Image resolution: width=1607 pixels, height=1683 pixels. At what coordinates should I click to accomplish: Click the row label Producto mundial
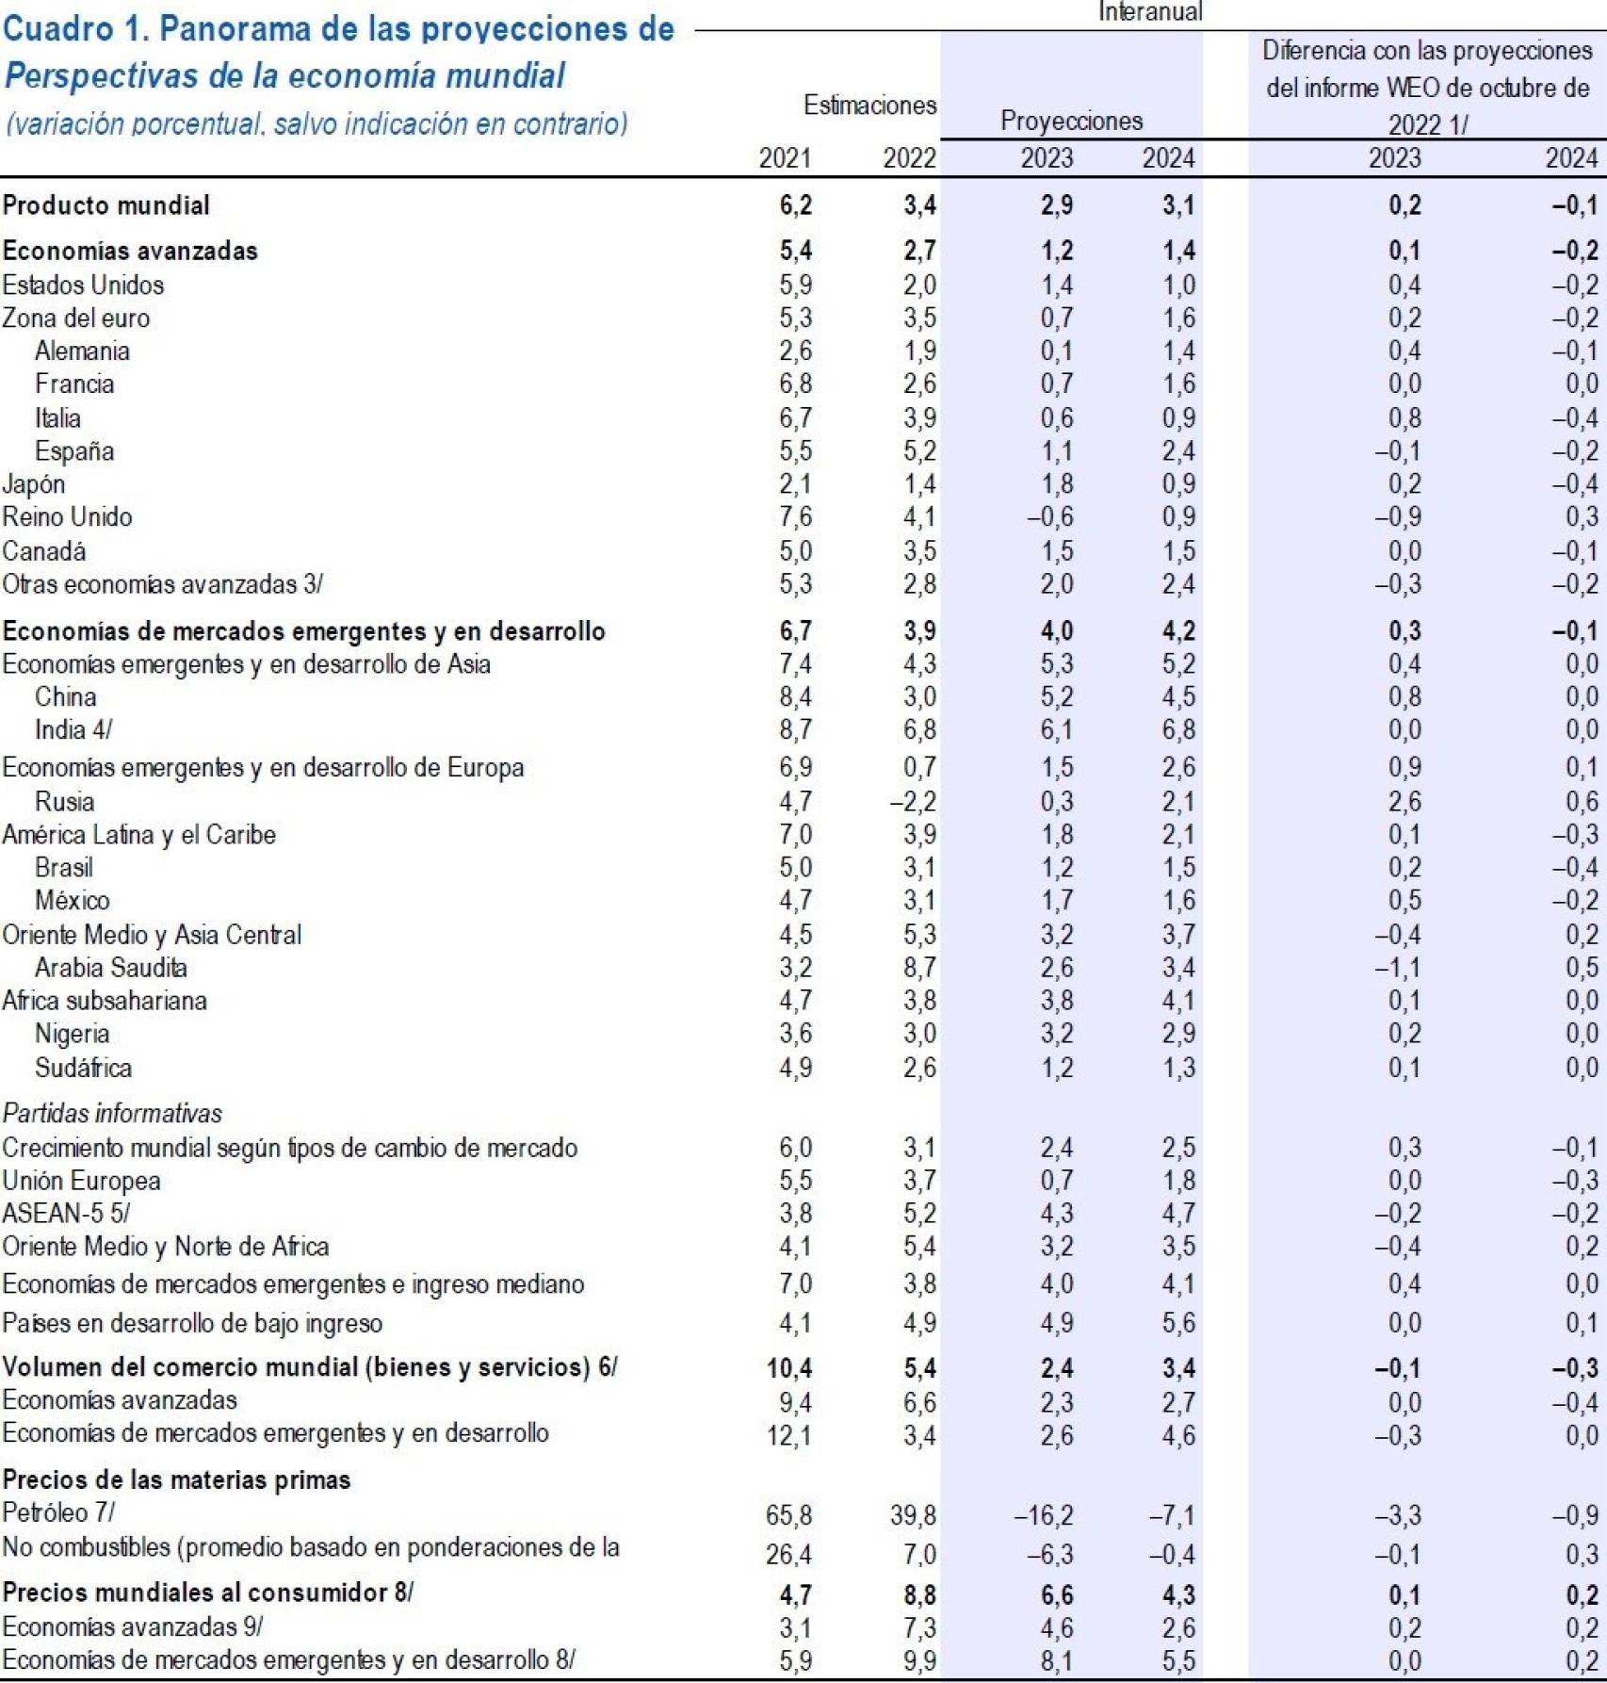[106, 205]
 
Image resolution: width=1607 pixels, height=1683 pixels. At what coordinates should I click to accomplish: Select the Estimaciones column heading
[869, 106]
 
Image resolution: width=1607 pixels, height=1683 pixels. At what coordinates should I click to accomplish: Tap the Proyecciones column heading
[1071, 121]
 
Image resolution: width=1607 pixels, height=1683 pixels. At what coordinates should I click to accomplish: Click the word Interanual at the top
[1150, 11]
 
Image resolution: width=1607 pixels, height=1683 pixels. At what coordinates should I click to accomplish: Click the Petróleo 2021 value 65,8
[788, 1515]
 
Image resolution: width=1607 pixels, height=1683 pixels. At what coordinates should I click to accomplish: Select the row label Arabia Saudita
[111, 968]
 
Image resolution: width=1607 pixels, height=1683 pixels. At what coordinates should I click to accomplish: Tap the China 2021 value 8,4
[795, 697]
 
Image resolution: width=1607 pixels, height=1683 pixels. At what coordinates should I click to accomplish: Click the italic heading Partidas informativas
[112, 1114]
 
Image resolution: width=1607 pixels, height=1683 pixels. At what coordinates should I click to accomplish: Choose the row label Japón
[34, 484]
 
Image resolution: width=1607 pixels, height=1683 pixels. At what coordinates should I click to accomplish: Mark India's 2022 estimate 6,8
[919, 730]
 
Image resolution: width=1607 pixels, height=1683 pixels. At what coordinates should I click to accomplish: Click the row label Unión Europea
[81, 1181]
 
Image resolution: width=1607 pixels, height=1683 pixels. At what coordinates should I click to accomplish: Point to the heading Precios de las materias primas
[176, 1479]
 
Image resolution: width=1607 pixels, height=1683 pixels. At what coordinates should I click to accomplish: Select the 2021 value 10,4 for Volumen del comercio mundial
[789, 1368]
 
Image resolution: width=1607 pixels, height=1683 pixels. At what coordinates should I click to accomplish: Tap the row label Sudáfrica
[84, 1068]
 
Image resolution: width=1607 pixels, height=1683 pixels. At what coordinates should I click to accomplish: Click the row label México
[73, 901]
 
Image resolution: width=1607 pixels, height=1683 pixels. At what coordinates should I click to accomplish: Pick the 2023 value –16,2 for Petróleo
[1043, 1515]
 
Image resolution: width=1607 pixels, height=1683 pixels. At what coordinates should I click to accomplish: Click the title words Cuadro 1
[73, 29]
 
